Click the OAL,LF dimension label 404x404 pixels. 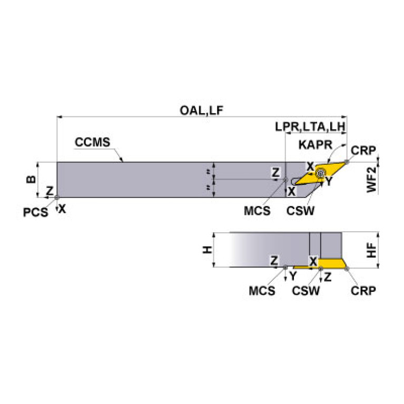201,111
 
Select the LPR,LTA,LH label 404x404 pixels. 310,127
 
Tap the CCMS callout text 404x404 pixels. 92,142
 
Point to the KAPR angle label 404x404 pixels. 316,145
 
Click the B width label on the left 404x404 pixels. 31,179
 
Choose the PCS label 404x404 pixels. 36,212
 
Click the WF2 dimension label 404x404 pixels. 371,180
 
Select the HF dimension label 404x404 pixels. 371,250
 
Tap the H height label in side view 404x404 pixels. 207,250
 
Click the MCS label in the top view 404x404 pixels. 257,211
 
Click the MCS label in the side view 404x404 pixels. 262,291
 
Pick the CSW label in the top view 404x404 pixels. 300,211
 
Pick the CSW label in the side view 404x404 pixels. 306,291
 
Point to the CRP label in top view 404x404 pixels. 363,150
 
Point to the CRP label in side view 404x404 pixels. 363,291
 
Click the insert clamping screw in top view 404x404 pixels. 321,173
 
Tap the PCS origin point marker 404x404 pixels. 57,198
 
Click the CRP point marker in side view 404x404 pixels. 347,269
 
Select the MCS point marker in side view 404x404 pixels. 285,268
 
